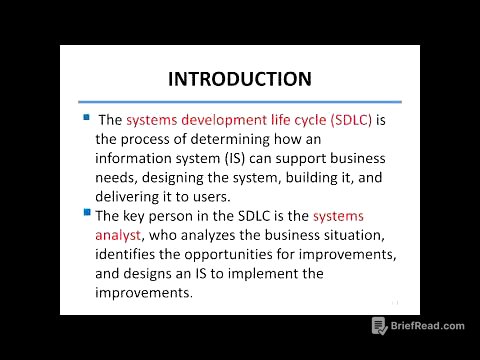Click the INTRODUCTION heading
click(x=239, y=78)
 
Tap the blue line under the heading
click(x=239, y=101)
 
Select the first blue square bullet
click(x=86, y=117)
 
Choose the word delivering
click(x=130, y=197)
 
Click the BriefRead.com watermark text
click(x=428, y=326)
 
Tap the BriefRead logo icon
click(x=380, y=326)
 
